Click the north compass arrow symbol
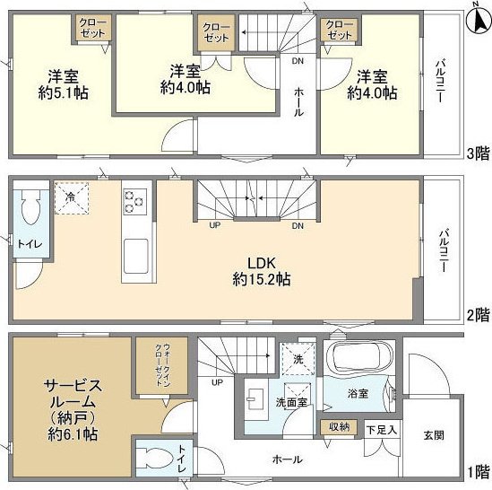tap(479, 20)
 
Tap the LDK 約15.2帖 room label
tap(262, 271)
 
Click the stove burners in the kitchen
tap(135, 201)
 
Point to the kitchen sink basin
tap(136, 256)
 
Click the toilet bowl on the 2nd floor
tap(30, 206)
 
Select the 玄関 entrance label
tap(434, 435)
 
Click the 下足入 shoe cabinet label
tap(382, 430)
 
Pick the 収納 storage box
tap(339, 427)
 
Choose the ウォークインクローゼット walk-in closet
tap(162, 365)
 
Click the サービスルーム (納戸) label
tap(73, 410)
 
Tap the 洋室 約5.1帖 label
tap(63, 84)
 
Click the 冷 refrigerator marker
tap(71, 197)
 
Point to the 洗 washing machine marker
tap(298, 359)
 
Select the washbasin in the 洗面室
tap(255, 399)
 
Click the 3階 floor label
tap(478, 153)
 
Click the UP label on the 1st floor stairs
tap(217, 382)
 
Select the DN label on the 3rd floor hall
tap(298, 61)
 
